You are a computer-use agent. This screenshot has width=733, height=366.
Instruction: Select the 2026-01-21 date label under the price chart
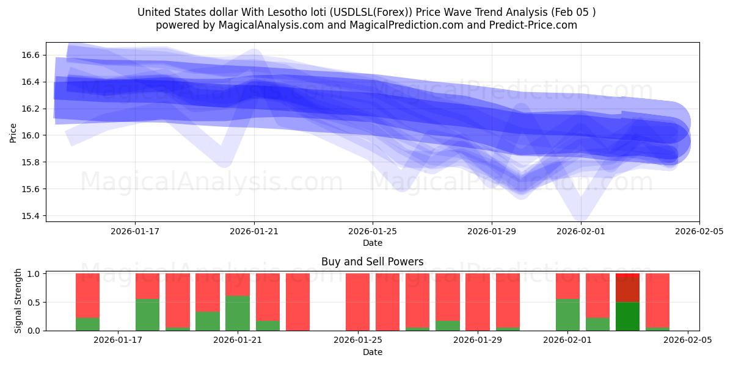click(254, 232)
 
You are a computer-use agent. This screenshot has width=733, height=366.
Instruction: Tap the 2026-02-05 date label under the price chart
click(699, 232)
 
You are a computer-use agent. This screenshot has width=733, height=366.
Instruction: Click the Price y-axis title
click(13, 132)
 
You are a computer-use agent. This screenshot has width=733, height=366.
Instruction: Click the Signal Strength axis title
click(18, 301)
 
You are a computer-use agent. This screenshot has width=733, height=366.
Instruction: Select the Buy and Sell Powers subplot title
click(372, 262)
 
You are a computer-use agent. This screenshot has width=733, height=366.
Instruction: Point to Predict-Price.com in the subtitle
click(530, 25)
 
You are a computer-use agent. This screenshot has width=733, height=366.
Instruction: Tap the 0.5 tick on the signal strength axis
click(34, 302)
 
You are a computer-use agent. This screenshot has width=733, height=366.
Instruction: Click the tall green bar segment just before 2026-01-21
click(238, 313)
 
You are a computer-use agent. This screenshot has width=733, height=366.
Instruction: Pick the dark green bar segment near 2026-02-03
click(627, 316)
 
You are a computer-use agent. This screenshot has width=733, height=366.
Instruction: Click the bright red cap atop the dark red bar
click(627, 276)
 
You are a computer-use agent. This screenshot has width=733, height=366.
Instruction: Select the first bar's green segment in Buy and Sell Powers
click(87, 324)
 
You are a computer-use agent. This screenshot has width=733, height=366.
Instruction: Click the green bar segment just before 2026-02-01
click(567, 315)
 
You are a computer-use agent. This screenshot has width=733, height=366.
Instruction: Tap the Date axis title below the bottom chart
click(372, 352)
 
